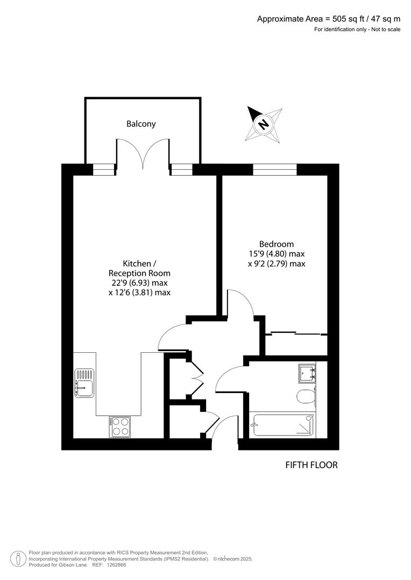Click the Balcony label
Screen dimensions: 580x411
click(x=141, y=124)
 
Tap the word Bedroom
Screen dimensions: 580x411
click(x=276, y=244)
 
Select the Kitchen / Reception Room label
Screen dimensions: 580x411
click(x=139, y=268)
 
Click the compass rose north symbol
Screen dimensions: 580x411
click(x=264, y=124)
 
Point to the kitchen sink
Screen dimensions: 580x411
click(x=84, y=383)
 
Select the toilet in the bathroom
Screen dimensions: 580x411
click(x=305, y=396)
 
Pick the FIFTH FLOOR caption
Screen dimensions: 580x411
click(x=311, y=465)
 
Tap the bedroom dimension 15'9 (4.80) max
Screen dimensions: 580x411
click(x=276, y=253)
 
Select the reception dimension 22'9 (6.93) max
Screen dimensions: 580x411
click(x=139, y=282)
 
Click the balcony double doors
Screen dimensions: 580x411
click(x=143, y=153)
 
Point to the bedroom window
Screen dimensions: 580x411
click(x=274, y=170)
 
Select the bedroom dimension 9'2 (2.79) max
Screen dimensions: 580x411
click(x=276, y=264)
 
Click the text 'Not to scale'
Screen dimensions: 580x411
click(x=385, y=29)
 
